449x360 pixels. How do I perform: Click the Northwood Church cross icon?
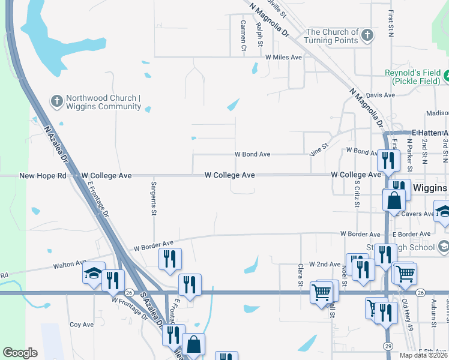[56, 100]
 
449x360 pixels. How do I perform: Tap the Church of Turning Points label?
[332, 36]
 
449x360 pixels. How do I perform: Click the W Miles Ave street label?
[283, 56]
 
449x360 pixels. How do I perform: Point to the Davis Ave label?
[380, 95]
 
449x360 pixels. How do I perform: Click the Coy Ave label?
[82, 325]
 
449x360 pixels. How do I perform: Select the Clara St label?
[301, 274]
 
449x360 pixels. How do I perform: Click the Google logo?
[20, 353]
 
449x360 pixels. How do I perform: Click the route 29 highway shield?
[388, 346]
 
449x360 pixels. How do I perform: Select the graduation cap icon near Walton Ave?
[94, 273]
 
